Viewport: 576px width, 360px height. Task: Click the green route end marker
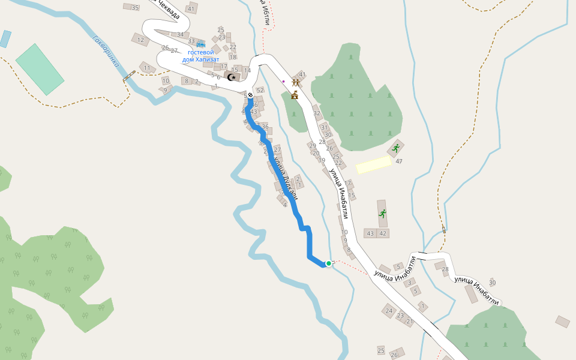pyautogui.click(x=329, y=263)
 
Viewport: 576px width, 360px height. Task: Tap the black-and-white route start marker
pyautogui.click(x=250, y=95)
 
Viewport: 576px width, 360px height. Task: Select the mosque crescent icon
pyautogui.click(x=232, y=77)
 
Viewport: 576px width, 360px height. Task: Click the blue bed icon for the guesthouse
pyautogui.click(x=201, y=44)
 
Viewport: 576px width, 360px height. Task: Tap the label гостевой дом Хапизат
pyautogui.click(x=201, y=56)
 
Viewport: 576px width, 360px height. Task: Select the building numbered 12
pyautogui.click(x=140, y=40)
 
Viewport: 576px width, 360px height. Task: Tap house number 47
pyautogui.click(x=398, y=161)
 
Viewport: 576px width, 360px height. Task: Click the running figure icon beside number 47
pyautogui.click(x=395, y=148)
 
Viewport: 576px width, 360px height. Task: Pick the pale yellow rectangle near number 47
pyautogui.click(x=373, y=164)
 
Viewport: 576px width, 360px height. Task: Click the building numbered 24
pyautogui.click(x=389, y=310)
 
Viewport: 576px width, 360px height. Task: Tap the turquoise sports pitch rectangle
pyautogui.click(x=40, y=69)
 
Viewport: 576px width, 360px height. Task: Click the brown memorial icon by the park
pyautogui.click(x=295, y=95)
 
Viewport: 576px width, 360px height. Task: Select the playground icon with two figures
pyautogui.click(x=295, y=82)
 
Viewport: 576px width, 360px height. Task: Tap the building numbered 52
pyautogui.click(x=260, y=90)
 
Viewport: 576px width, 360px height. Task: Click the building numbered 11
pyautogui.click(x=147, y=68)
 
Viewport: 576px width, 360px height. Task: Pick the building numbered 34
pyautogui.click(x=180, y=34)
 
